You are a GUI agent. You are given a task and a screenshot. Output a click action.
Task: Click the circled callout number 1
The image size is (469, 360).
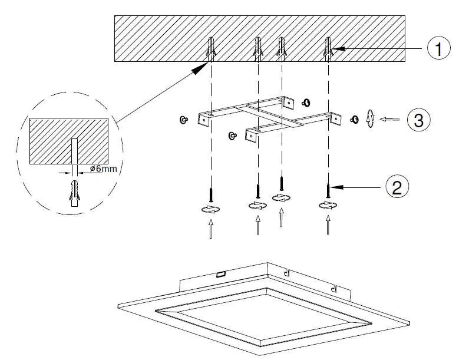click(438, 49)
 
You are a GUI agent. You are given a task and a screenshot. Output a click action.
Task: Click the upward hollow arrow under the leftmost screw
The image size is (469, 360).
click(210, 229)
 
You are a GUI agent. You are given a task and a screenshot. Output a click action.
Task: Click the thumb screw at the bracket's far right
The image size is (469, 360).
click(355, 119)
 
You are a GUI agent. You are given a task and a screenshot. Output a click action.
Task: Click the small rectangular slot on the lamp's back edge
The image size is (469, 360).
click(222, 274)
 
